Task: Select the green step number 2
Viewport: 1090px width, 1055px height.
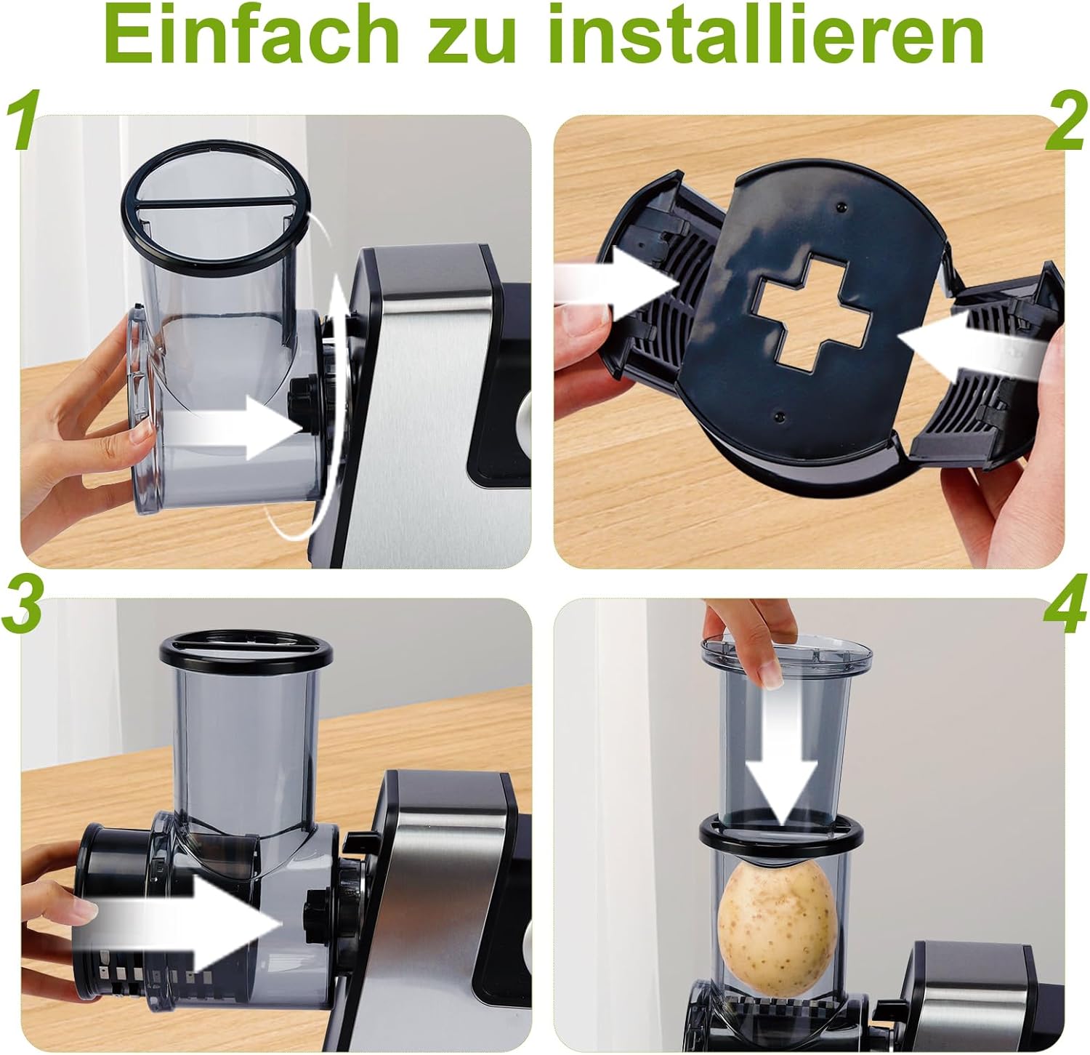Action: tap(1066, 123)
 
